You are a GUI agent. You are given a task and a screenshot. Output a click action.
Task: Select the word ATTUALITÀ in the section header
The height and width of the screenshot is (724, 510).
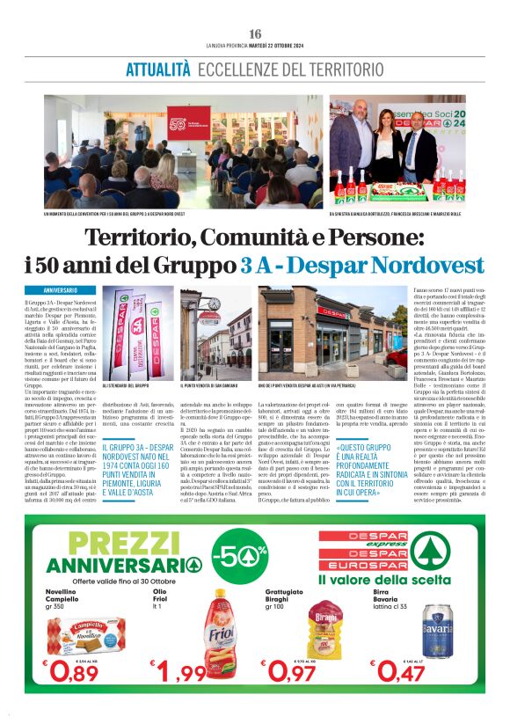click(x=158, y=69)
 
